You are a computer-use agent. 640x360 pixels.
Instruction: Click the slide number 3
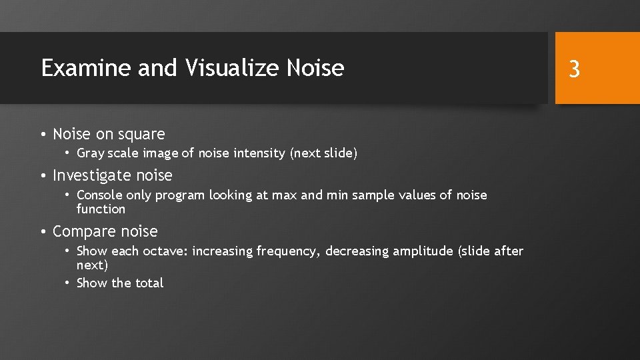click(x=575, y=69)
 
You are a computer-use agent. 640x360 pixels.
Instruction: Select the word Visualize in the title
click(x=233, y=68)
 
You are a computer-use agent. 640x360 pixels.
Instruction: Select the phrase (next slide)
click(x=324, y=153)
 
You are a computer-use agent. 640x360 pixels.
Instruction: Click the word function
click(x=101, y=209)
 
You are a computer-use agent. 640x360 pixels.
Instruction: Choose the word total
click(x=149, y=283)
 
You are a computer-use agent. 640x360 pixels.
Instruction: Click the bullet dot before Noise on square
click(x=43, y=135)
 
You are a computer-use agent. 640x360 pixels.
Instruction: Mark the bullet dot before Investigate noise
click(x=43, y=176)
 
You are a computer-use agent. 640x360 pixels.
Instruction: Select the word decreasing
click(x=358, y=251)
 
